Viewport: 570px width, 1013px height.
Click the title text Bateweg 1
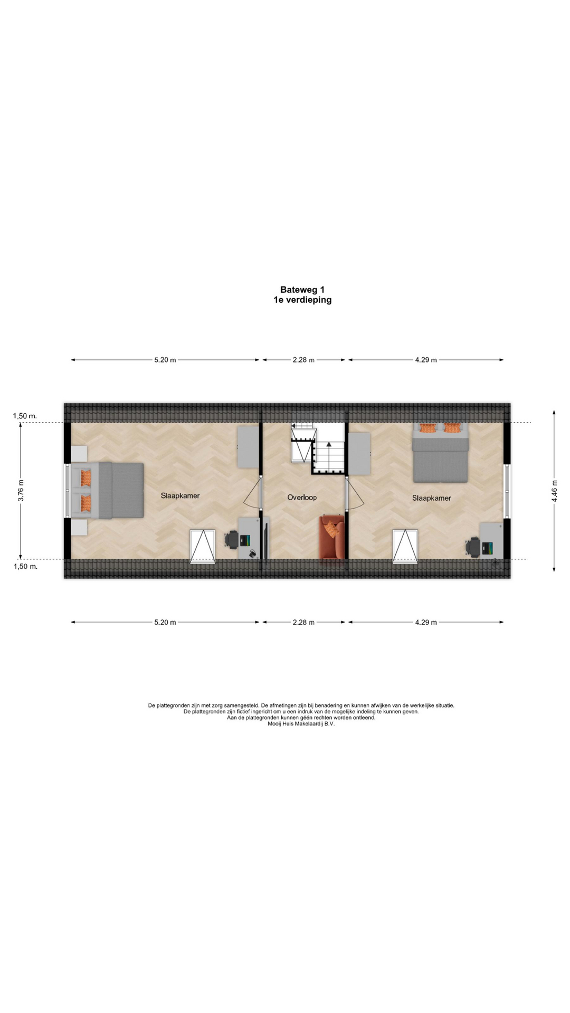pyautogui.click(x=302, y=290)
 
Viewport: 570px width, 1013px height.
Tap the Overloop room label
pyautogui.click(x=302, y=498)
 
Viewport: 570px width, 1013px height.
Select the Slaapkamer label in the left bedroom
pyautogui.click(x=180, y=496)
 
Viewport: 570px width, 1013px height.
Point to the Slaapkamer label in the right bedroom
pyautogui.click(x=432, y=498)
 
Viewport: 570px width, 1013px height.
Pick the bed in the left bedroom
pyautogui.click(x=108, y=491)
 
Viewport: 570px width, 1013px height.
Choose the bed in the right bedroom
pyautogui.click(x=440, y=453)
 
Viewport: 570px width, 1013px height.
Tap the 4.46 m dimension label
pyautogui.click(x=554, y=491)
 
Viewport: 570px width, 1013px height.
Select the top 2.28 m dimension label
pyautogui.click(x=303, y=360)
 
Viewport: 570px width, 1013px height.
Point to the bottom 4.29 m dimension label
pyautogui.click(x=426, y=622)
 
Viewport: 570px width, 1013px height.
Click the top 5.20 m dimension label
pyautogui.click(x=165, y=360)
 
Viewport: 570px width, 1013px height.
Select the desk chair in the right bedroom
pyautogui.click(x=473, y=547)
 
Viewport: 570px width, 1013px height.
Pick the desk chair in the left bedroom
pyautogui.click(x=232, y=539)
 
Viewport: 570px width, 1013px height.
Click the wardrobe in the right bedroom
pyautogui.click(x=359, y=454)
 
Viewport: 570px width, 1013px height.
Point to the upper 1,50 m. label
pyautogui.click(x=25, y=416)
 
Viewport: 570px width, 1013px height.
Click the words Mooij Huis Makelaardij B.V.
pyautogui.click(x=301, y=724)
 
